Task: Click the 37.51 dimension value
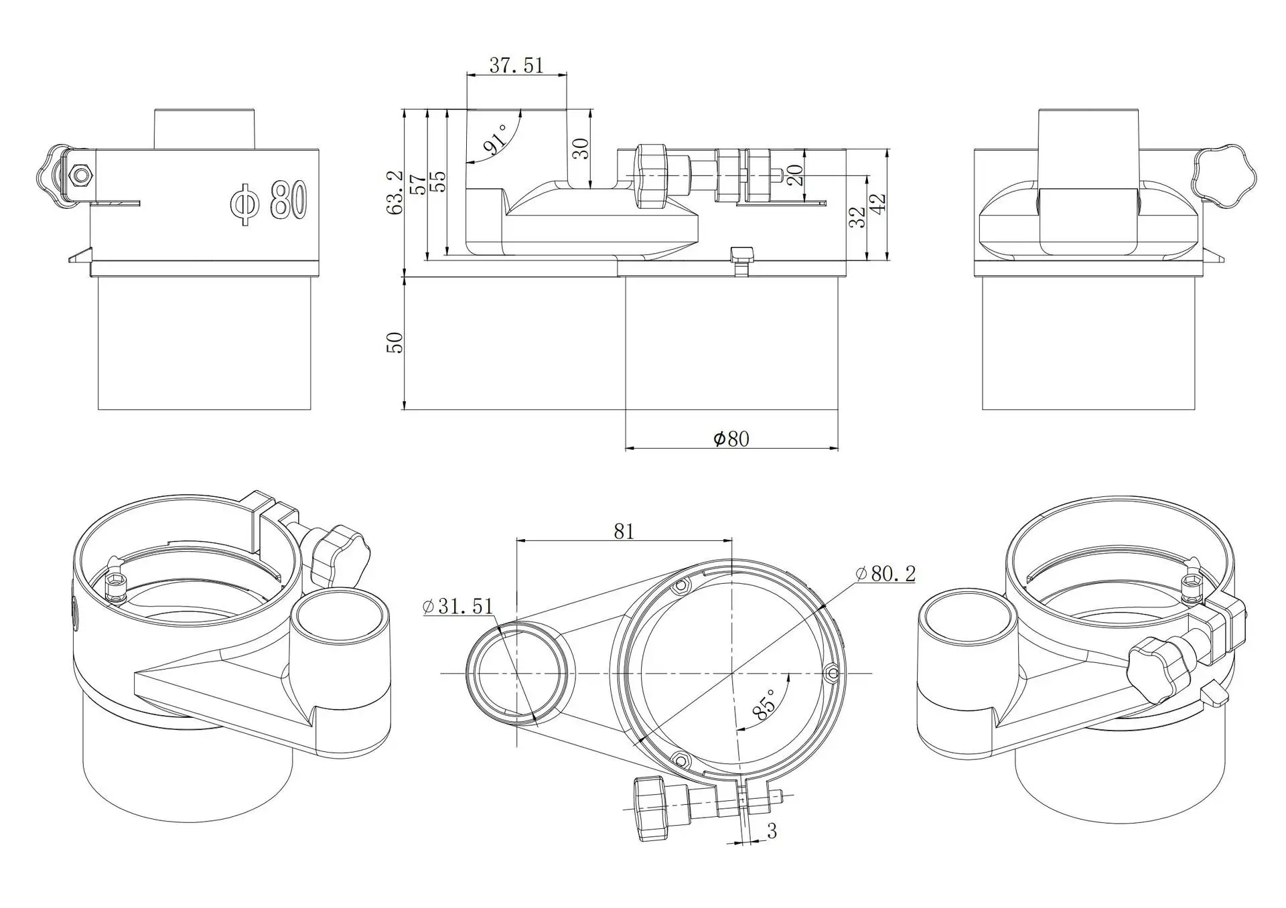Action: (516, 65)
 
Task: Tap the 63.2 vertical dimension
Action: (395, 192)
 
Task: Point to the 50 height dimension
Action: (395, 342)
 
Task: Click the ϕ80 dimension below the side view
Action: (731, 439)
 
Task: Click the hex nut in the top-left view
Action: (81, 175)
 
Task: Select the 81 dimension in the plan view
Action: (624, 531)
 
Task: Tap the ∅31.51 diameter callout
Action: (458, 606)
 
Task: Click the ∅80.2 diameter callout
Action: (885, 573)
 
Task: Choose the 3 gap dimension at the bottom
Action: (772, 831)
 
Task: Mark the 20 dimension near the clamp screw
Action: (794, 175)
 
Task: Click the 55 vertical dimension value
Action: (438, 182)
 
